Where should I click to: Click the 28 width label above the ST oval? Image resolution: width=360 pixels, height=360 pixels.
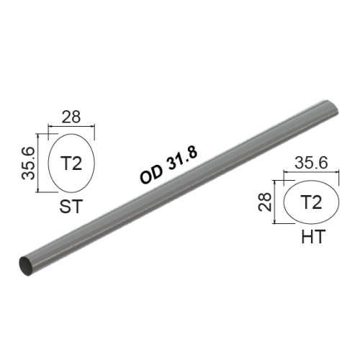[71, 116]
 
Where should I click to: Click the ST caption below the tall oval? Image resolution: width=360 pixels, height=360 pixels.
[71, 208]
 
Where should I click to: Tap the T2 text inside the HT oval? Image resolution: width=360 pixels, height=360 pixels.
[310, 202]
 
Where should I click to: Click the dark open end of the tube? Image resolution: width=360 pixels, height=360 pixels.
[26, 264]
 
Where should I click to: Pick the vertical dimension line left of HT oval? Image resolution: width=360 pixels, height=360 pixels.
[276, 204]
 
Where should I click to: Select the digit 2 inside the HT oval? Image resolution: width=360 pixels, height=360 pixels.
[316, 202]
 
